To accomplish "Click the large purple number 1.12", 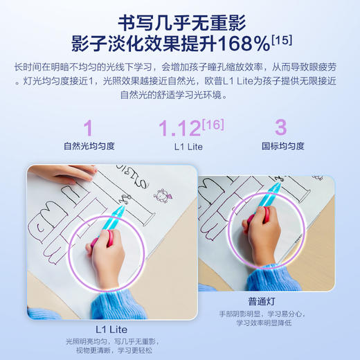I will (x=179, y=129).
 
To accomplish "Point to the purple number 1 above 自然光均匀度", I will (x=89, y=129).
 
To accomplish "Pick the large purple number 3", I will (x=280, y=129).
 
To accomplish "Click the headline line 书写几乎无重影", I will (x=179, y=19).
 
